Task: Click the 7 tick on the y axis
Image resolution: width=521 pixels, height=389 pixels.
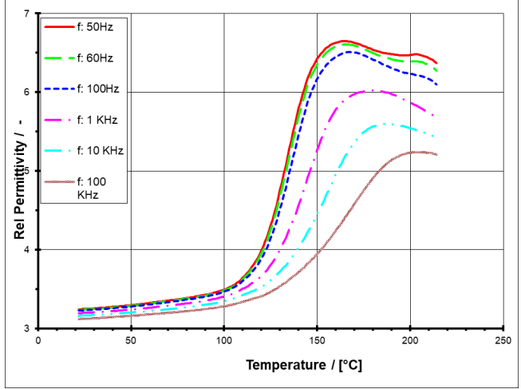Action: [28, 14]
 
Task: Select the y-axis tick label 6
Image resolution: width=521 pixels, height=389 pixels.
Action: [28, 93]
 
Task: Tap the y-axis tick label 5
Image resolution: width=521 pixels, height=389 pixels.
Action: [28, 171]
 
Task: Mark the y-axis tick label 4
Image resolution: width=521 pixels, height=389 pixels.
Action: [28, 249]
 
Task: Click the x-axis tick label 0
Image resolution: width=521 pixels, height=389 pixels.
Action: [38, 339]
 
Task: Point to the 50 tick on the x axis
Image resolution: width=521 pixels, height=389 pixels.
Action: [131, 339]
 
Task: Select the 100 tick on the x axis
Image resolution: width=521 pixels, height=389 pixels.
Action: [224, 339]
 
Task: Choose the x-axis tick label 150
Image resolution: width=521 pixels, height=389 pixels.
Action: [317, 339]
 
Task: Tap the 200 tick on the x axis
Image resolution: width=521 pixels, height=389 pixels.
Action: [410, 339]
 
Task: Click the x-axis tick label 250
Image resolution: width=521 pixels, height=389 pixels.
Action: [503, 339]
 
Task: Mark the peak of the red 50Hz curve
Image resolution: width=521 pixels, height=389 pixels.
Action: [344, 41]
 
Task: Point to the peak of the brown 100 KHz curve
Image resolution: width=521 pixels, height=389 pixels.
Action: [416, 152]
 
